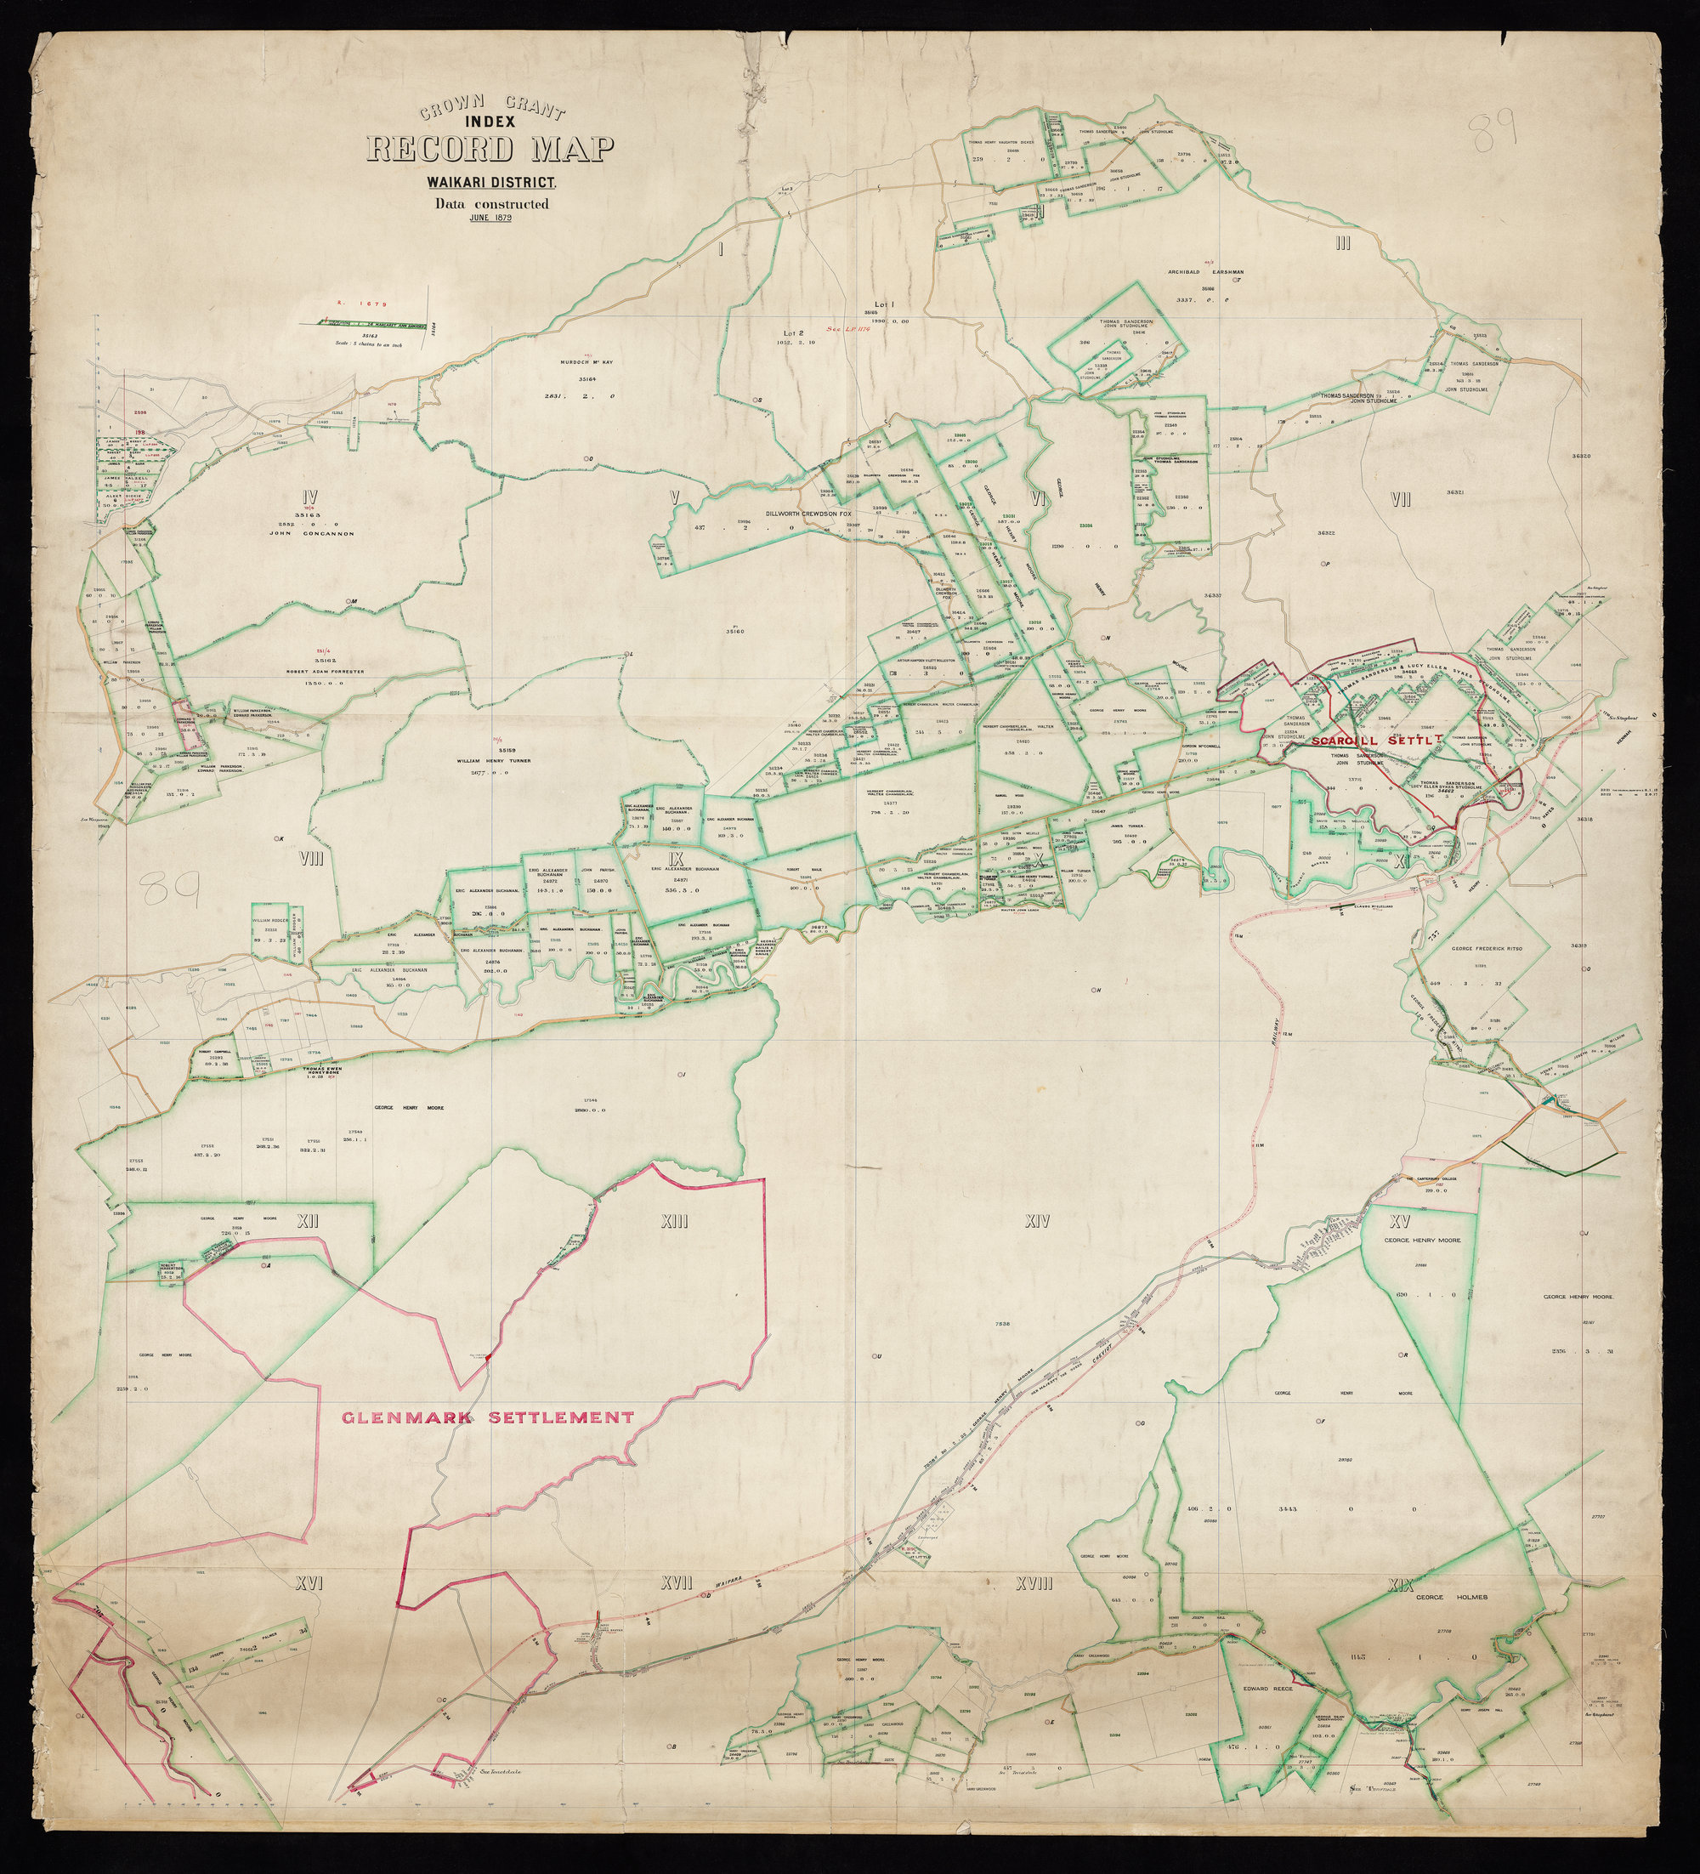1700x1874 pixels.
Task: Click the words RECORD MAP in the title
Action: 490,149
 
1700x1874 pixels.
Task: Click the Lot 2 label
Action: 792,332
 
